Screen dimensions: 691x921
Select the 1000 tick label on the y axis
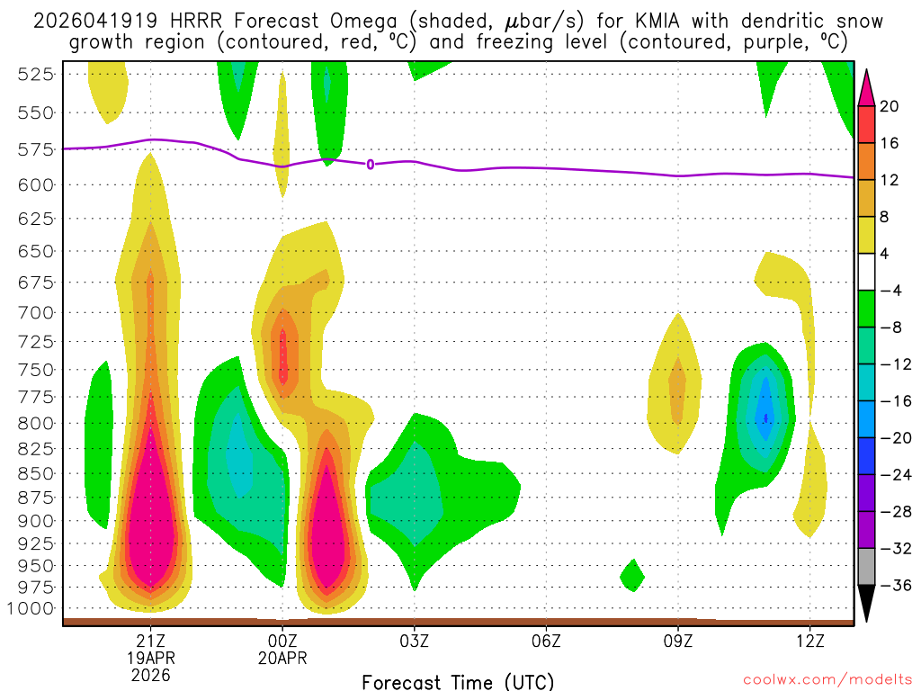coord(31,609)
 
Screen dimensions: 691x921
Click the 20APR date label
coord(282,658)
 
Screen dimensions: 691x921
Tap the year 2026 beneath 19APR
coord(150,675)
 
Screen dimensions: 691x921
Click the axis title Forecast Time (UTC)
coord(458,681)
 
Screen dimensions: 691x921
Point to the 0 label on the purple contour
coord(370,164)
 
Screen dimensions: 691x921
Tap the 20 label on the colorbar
coord(890,106)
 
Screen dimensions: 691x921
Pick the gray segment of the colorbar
coord(866,567)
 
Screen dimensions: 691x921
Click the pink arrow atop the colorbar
coord(866,88)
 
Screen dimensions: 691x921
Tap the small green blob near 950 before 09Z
coord(631,575)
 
